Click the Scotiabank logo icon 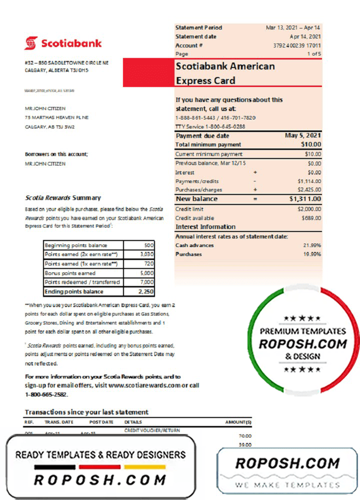tap(31, 43)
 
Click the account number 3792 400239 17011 tap(297, 45)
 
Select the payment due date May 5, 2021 tap(303, 135)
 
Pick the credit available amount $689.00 tap(311, 218)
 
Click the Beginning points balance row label tap(76, 245)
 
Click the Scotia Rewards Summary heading tap(62, 198)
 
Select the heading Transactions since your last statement tap(86, 412)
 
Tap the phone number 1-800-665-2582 tap(46, 394)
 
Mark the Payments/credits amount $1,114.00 tap(308, 181)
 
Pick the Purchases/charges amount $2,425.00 tap(308, 190)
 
